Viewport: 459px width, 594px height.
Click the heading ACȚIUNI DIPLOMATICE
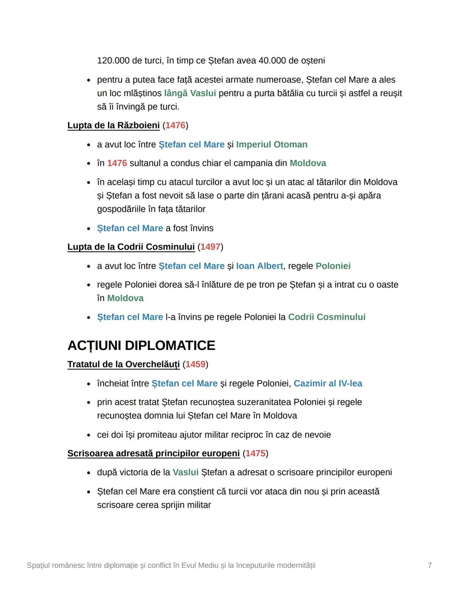[x=141, y=345]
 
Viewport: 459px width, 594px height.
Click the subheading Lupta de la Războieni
[x=113, y=125]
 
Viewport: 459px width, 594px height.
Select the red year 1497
[x=210, y=247]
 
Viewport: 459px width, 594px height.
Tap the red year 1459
[x=195, y=364]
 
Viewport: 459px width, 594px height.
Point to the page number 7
[x=430, y=566]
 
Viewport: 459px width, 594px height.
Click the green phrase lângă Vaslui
[x=190, y=93]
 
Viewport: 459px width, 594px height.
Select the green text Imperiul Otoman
[x=272, y=145]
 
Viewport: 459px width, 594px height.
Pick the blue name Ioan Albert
[x=259, y=266]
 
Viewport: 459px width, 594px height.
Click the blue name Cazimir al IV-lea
[x=328, y=384]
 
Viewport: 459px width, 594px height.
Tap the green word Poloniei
[x=333, y=266]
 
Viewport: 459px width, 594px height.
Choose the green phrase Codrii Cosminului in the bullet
[x=326, y=317]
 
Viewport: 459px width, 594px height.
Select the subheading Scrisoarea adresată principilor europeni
[x=153, y=454]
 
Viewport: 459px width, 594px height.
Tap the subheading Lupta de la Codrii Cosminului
[x=131, y=247]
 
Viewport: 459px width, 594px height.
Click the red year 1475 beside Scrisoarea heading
[x=255, y=454]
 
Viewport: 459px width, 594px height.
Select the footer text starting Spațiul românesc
[x=171, y=566]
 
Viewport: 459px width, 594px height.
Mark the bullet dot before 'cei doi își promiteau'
[x=88, y=435]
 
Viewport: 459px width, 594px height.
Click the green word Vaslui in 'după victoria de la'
[x=186, y=472]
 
